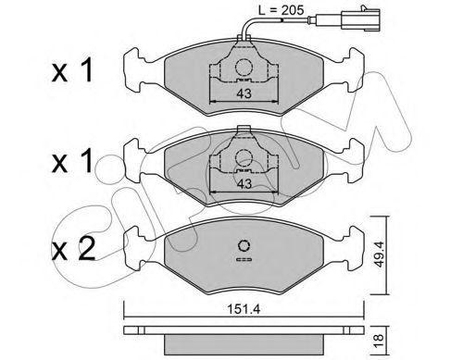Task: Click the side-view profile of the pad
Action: [243, 329]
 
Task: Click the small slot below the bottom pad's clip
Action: [244, 262]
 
